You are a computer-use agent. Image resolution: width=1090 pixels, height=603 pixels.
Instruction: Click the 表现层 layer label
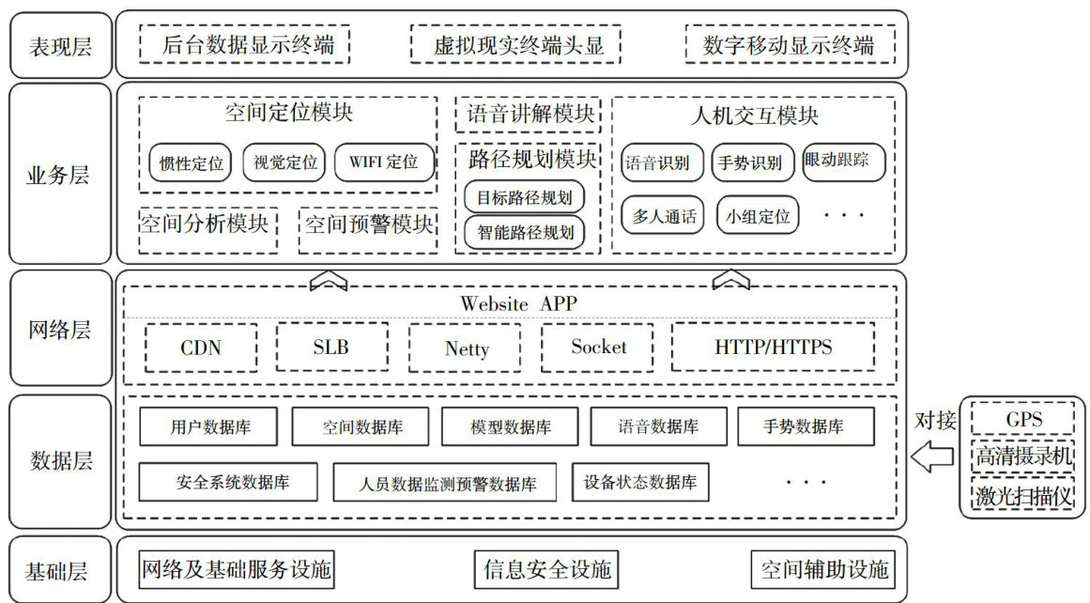(x=60, y=44)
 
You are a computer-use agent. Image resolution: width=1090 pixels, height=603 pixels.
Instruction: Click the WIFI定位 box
(x=384, y=162)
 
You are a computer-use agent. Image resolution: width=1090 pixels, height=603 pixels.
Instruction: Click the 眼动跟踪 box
(x=844, y=162)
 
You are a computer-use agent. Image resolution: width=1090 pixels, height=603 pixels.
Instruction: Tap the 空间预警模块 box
(x=369, y=225)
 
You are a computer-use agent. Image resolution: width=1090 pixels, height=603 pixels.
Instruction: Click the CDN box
(x=201, y=348)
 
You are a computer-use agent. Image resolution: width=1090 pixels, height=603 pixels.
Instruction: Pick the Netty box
(x=467, y=348)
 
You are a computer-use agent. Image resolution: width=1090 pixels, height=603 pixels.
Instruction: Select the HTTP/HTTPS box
(x=773, y=348)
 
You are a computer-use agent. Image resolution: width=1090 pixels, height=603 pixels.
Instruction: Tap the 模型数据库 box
(x=511, y=427)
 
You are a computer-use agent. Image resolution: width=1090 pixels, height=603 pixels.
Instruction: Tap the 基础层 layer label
(x=60, y=569)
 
